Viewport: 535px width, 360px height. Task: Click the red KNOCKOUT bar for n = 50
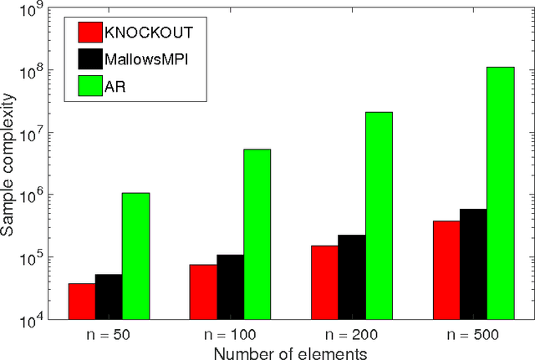[82, 302]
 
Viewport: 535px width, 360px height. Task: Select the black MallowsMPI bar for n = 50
[109, 297]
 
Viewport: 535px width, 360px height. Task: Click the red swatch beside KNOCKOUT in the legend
[89, 33]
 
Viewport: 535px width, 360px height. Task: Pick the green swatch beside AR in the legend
[89, 85]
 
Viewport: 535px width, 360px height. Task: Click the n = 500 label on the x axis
[473, 335]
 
